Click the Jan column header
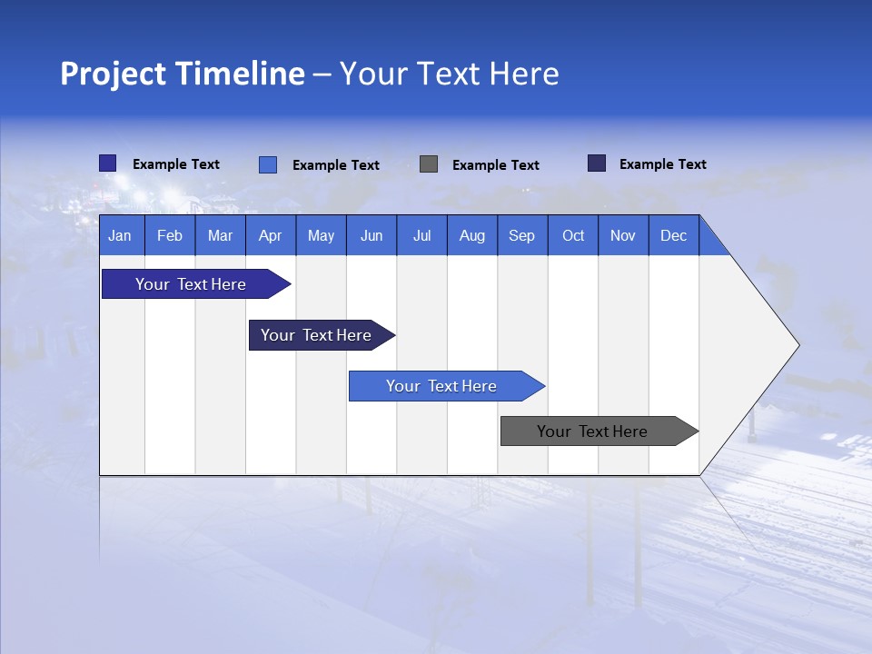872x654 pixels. tap(120, 235)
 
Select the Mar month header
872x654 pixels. tap(220, 235)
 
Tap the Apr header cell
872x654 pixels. tap(270, 235)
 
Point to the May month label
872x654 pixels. tap(321, 235)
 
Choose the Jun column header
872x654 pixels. tap(372, 235)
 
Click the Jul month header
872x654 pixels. tap(421, 235)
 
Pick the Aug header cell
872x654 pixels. tap(472, 235)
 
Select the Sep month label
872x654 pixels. tap(522, 235)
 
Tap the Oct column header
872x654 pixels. tap(573, 235)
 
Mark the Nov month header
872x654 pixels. tap(623, 235)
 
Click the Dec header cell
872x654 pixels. tap(674, 235)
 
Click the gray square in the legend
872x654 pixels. tap(429, 164)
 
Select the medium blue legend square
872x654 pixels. tap(268, 164)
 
